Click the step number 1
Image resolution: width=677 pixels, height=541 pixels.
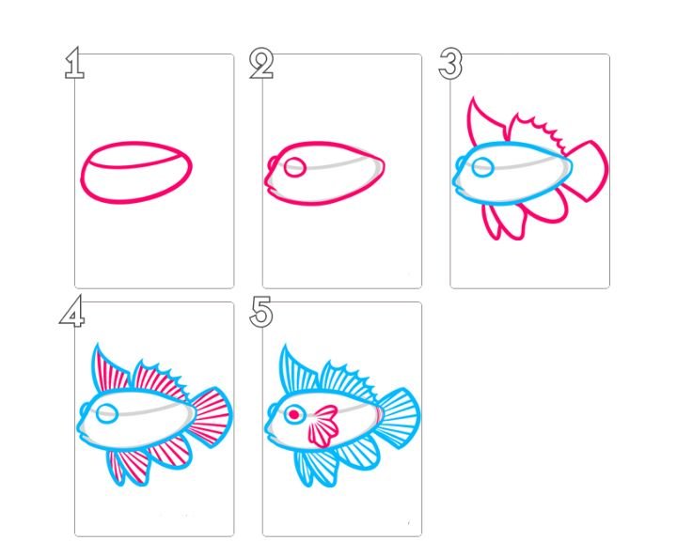tap(74, 63)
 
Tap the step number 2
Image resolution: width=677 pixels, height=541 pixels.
tap(261, 64)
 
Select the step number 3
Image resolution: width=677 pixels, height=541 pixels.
tap(450, 64)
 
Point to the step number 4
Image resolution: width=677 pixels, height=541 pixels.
tap(72, 311)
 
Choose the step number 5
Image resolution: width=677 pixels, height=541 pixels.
tap(261, 312)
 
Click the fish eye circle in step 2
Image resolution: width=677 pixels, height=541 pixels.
tap(295, 167)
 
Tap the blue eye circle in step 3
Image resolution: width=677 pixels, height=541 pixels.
tap(483, 167)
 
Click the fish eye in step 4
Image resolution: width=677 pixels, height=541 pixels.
tap(106, 414)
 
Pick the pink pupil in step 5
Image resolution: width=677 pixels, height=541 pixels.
tap(294, 414)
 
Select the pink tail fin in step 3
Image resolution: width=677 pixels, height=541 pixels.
tap(587, 171)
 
